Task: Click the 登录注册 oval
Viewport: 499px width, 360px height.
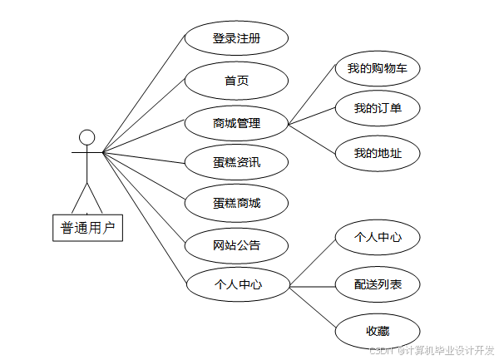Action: (x=236, y=38)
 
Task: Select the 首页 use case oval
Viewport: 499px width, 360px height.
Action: (x=236, y=81)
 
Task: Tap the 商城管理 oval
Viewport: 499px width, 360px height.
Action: (x=236, y=124)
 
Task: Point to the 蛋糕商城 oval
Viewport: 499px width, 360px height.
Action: (x=236, y=203)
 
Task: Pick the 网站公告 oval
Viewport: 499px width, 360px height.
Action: (x=236, y=244)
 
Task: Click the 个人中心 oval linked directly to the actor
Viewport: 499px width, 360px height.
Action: (x=236, y=285)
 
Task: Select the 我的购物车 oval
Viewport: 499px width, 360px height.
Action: (x=377, y=68)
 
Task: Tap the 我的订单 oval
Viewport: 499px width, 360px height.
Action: (x=377, y=108)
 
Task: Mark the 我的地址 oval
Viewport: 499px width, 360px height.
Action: (x=377, y=153)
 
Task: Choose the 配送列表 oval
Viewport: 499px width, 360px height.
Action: (x=377, y=285)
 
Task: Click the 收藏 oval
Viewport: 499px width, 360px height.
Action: (x=377, y=330)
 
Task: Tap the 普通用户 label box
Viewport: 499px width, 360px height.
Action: (x=87, y=226)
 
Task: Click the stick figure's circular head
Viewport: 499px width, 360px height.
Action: (x=86, y=138)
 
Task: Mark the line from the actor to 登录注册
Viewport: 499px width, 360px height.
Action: (x=143, y=96)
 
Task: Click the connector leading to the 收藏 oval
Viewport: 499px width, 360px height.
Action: (x=312, y=308)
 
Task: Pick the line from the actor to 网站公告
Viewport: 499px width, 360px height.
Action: (x=143, y=199)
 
